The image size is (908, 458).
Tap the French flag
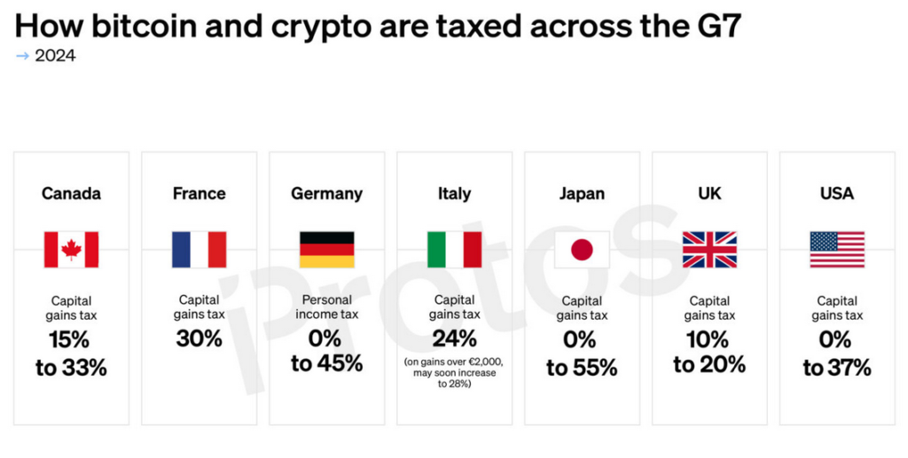199,249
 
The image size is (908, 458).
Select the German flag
326,249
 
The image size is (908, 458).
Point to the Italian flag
454,249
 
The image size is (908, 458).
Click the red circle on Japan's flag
582,249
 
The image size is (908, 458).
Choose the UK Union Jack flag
709,249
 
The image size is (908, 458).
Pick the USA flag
837,249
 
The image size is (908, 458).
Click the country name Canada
71,193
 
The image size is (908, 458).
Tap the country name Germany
326,193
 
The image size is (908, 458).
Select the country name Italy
454,193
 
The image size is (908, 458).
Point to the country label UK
709,193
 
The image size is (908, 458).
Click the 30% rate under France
199,338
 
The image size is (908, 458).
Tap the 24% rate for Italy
454,338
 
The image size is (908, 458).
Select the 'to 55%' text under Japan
582,368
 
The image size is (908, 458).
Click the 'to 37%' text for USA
837,368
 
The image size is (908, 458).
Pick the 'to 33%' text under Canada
71,368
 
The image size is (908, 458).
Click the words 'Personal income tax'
326,307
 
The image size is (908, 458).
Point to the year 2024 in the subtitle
55,56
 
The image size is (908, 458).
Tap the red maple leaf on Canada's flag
71,249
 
